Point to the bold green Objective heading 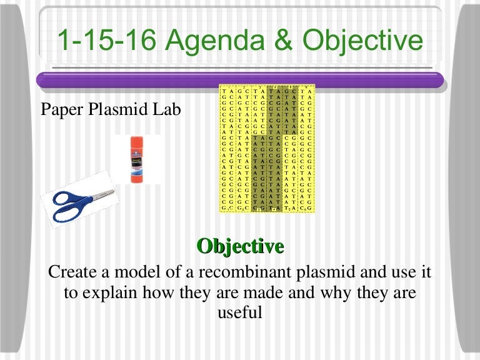[x=240, y=246]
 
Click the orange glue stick [x=137, y=160]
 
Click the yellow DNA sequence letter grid [x=267, y=148]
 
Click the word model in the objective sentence [x=141, y=272]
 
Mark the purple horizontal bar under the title [x=240, y=80]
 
